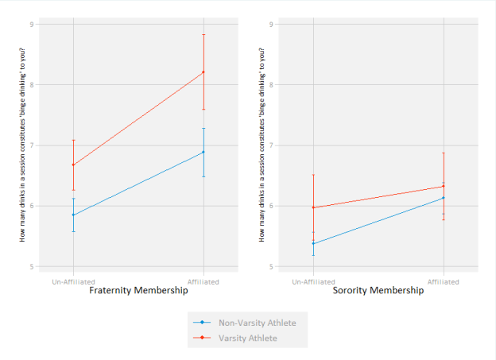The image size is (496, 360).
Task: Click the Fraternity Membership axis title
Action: [x=138, y=291]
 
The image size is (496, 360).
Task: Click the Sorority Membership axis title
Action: [x=378, y=291]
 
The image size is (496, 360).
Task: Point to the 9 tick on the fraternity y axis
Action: [x=32, y=24]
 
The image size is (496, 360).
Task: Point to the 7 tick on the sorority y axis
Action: [x=272, y=145]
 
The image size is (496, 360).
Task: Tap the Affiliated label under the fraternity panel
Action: [x=203, y=281]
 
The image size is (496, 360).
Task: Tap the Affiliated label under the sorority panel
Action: [x=444, y=281]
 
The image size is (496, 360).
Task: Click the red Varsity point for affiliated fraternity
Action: [x=203, y=72]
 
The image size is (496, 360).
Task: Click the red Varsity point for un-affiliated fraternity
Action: [x=73, y=165]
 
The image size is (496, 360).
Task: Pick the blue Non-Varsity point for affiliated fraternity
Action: [x=203, y=152]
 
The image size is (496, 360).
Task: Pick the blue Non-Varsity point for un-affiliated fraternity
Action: [x=73, y=215]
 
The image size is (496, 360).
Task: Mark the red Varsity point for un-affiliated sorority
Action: [x=313, y=207]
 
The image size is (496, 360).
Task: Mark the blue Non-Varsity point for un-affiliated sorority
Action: [x=313, y=243]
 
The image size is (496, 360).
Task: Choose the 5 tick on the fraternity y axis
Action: [x=32, y=266]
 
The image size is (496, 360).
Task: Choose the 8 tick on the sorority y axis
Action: [x=272, y=85]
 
